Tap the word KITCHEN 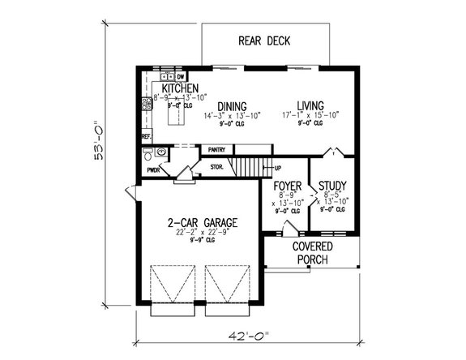coord(180,88)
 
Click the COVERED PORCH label coord(312,252)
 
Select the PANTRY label coord(216,149)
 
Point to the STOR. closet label coord(217,167)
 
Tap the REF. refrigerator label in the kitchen coord(147,137)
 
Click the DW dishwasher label coord(182,76)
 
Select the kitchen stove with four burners coord(147,103)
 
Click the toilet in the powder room coord(161,151)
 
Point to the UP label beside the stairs coord(278,168)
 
